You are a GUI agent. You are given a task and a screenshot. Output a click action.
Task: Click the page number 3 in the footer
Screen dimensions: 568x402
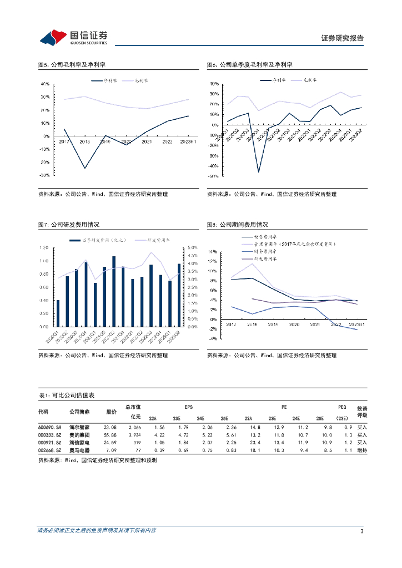(362, 531)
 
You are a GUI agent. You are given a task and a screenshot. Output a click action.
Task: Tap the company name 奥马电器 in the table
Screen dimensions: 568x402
(80, 450)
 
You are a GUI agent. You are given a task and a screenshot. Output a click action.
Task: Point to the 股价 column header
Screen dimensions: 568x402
(111, 412)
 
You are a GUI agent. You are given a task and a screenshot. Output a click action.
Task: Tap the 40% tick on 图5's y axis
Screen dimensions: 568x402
(45, 84)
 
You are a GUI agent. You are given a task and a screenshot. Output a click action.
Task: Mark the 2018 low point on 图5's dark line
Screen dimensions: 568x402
(85, 168)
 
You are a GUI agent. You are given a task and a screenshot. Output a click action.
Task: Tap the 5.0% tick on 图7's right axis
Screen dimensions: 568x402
(192, 247)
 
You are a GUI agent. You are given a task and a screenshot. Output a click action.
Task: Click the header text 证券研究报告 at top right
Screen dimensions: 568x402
(342, 38)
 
